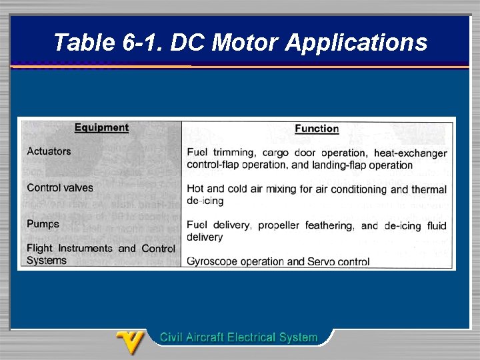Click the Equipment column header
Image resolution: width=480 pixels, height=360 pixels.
[x=101, y=127]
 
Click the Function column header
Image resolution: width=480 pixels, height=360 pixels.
[x=317, y=129]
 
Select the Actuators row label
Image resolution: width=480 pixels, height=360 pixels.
[x=49, y=151]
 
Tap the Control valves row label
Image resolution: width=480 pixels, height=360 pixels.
[x=60, y=188]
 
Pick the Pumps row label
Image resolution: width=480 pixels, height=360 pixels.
[x=43, y=224]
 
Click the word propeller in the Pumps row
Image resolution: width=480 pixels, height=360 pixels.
[x=279, y=225]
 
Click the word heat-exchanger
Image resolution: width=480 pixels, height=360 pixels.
[x=410, y=153]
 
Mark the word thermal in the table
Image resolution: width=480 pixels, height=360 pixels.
[x=429, y=189]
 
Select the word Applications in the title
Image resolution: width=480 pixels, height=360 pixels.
[x=357, y=43]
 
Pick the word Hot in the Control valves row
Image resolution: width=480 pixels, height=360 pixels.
[x=196, y=189]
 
